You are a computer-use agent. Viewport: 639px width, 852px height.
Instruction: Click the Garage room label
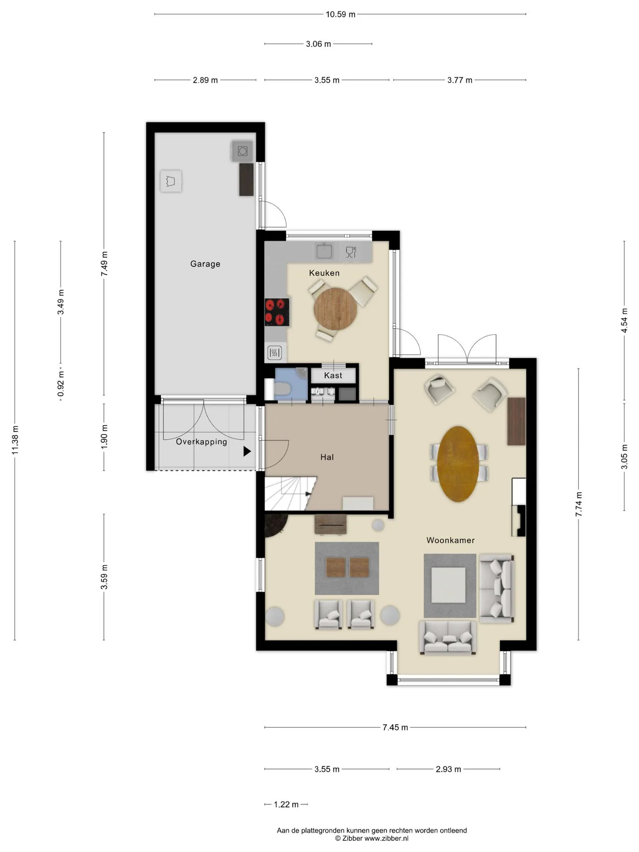(205, 264)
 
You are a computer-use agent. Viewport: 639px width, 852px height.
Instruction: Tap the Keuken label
(324, 273)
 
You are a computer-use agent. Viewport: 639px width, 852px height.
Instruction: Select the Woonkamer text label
(450, 540)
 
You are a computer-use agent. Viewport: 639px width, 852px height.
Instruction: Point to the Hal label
(327, 457)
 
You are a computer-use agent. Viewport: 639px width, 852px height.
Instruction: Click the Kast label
(333, 375)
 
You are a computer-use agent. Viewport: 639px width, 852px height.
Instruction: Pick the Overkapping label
(201, 442)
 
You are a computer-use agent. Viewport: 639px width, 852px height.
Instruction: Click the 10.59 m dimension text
(340, 14)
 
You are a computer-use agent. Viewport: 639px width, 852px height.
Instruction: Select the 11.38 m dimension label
(15, 440)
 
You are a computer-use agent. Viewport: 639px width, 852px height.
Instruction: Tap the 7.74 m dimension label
(579, 504)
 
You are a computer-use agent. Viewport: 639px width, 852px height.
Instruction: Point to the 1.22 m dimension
(286, 804)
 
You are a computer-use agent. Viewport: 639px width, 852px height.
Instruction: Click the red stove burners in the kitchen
(277, 312)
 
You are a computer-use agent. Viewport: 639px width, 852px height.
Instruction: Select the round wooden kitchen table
(335, 309)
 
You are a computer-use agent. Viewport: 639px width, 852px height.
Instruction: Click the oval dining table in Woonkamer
(458, 464)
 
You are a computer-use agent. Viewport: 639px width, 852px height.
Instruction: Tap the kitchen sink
(324, 251)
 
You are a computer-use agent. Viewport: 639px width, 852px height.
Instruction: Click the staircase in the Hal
(290, 493)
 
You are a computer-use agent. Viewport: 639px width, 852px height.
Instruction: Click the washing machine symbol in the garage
(242, 151)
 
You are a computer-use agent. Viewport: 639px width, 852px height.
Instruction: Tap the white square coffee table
(449, 585)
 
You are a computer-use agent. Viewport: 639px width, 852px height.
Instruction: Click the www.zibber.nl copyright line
(372, 838)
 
